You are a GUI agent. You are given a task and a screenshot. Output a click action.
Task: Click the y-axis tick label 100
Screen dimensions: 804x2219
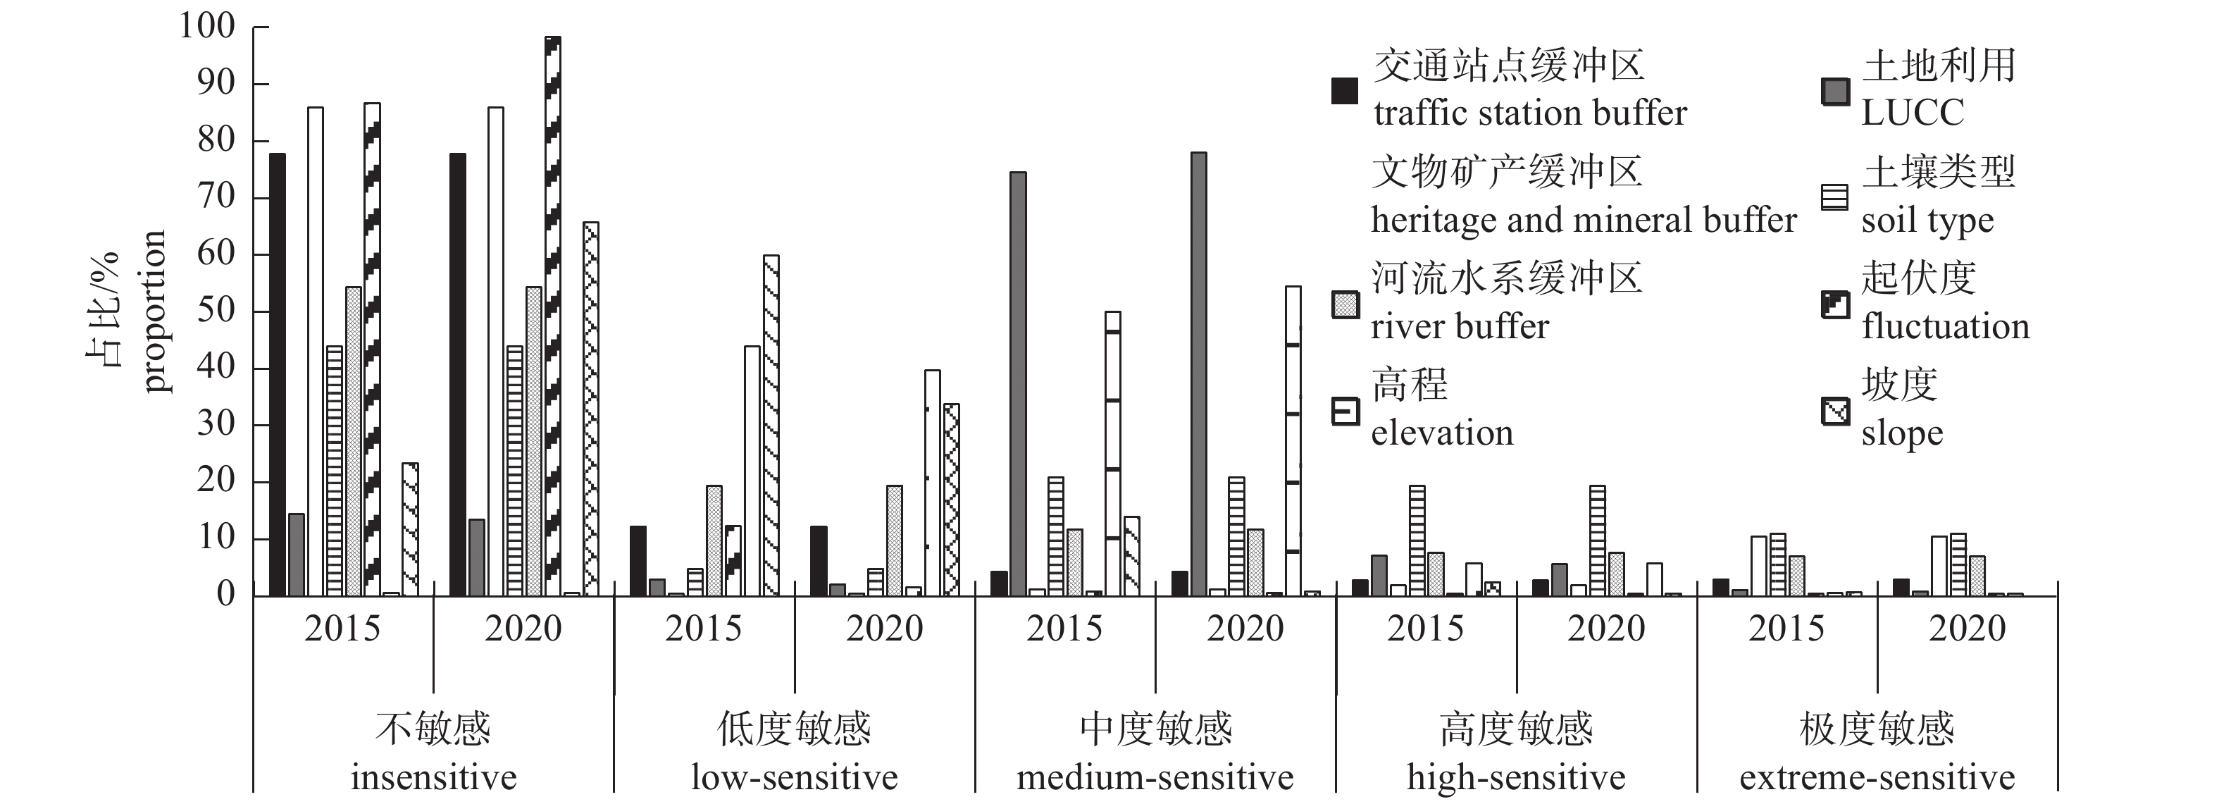click(206, 27)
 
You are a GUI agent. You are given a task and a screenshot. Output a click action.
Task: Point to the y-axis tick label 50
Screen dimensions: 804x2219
click(216, 311)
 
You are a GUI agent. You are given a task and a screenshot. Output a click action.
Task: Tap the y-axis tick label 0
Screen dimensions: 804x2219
click(225, 595)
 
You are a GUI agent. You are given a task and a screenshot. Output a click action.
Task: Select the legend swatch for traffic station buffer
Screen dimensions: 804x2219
click(1345, 90)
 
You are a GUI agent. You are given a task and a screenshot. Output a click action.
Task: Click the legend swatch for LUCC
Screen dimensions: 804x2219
click(1835, 90)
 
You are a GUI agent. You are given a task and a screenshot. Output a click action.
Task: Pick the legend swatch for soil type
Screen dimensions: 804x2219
click(1835, 197)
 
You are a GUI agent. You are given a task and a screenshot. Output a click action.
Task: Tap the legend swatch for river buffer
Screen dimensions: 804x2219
click(1345, 305)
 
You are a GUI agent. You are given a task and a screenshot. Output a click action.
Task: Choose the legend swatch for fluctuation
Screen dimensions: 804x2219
click(1835, 305)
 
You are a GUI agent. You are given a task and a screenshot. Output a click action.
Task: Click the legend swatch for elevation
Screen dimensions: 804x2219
click(1345, 412)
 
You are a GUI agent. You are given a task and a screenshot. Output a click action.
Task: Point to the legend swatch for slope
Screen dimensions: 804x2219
click(1835, 412)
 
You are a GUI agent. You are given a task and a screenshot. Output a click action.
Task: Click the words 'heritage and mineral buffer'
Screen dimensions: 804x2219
click(1584, 221)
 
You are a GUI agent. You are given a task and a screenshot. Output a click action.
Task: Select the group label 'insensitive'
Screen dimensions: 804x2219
click(433, 778)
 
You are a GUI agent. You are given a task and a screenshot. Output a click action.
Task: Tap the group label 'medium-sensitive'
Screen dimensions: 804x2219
click(1155, 778)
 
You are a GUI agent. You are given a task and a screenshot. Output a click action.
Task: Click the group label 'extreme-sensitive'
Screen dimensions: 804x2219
click(1877, 778)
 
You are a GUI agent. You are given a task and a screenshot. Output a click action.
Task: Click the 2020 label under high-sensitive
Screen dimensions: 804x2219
click(1605, 629)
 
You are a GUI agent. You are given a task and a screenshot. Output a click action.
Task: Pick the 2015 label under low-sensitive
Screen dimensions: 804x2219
click(703, 629)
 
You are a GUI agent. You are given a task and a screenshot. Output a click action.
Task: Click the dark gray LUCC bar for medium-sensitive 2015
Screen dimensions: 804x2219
click(1018, 383)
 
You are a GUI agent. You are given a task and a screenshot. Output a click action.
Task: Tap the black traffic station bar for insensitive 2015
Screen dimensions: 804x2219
click(278, 375)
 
